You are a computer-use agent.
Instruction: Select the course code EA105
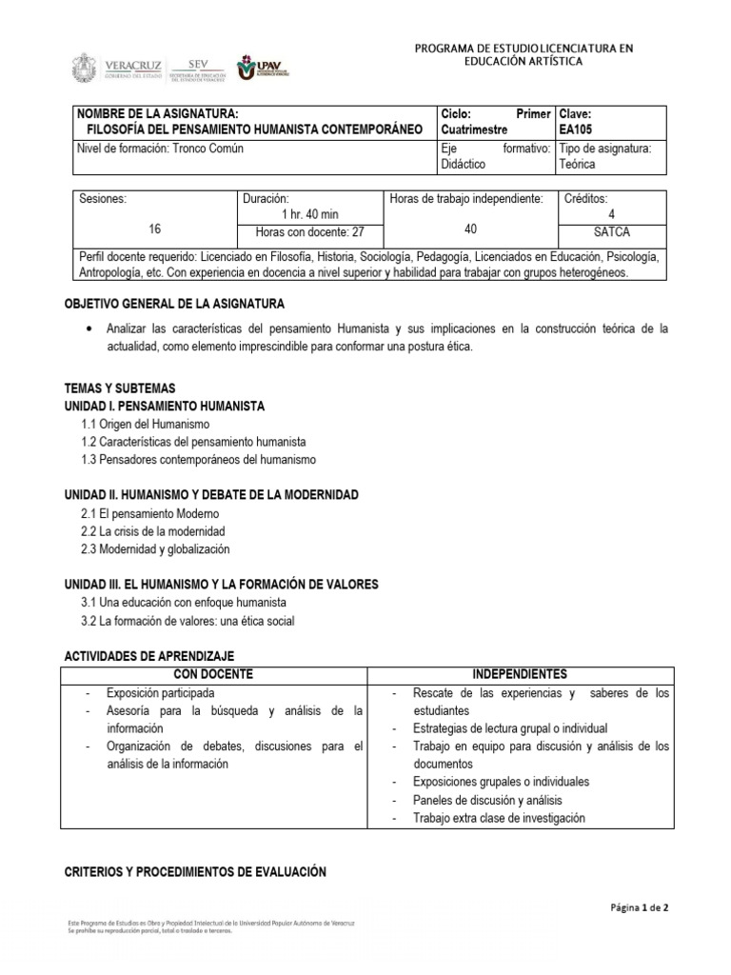(577, 129)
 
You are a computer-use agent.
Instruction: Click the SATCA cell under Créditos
(611, 231)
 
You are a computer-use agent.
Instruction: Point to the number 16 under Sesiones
(155, 229)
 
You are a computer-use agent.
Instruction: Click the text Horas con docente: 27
(306, 231)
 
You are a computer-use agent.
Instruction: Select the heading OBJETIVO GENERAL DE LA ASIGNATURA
(173, 304)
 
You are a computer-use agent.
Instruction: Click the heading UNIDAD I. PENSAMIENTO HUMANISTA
(164, 406)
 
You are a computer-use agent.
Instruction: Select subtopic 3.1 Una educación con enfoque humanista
(184, 603)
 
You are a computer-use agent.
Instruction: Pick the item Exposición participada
(160, 693)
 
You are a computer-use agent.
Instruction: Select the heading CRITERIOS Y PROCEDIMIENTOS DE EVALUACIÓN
(194, 871)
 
